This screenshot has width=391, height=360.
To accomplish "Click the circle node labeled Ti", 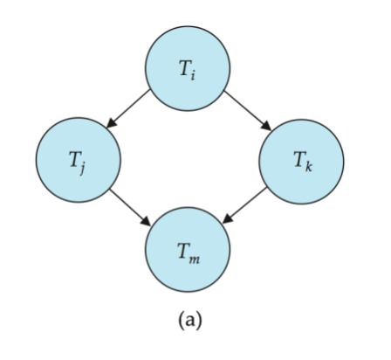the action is tap(188, 68).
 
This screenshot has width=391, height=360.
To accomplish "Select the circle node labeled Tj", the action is tap(79, 160).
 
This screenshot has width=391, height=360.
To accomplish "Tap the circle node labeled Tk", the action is tap(302, 162).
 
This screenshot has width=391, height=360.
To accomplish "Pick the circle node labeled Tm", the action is tap(188, 250).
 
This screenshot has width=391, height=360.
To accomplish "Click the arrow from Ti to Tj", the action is tap(128, 108).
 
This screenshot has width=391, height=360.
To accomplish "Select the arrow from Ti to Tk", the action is tap(248, 111).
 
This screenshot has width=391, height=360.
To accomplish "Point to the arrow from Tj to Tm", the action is tap(130, 207).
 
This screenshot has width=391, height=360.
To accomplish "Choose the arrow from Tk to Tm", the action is tap(244, 205).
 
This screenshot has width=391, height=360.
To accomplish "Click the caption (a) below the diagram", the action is tap(190, 320).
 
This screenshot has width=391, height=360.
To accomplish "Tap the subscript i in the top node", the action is tap(193, 75).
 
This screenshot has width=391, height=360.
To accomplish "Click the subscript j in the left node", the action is tap(82, 169).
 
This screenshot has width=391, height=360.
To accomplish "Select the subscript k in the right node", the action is tap(308, 167).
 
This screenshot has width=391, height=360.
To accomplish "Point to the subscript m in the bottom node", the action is tap(194, 260).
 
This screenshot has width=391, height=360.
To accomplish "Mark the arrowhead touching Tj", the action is tap(112, 123).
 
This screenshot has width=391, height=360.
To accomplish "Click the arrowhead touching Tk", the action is tap(266, 126).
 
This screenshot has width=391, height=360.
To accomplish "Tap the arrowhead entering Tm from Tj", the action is tap(146, 221).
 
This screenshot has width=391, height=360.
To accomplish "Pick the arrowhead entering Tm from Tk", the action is tap(228, 219).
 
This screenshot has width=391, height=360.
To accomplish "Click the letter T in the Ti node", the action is tap(184, 68).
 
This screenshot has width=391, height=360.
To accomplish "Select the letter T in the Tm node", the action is tap(183, 252).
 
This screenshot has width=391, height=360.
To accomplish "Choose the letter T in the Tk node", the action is tap(299, 160).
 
